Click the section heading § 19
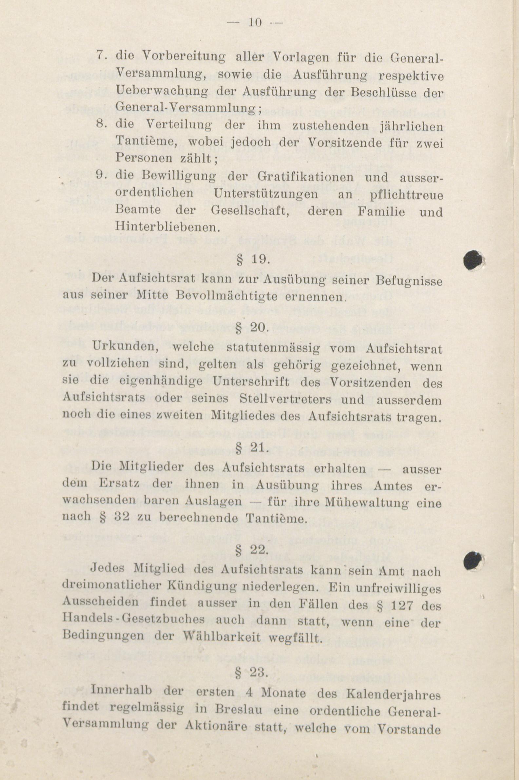click(x=254, y=259)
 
